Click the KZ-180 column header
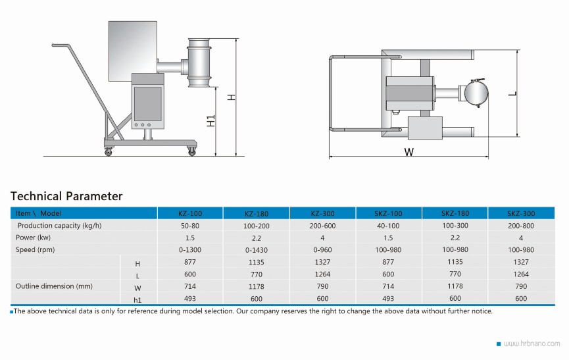click(256, 213)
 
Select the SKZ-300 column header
click(521, 213)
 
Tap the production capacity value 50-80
click(190, 226)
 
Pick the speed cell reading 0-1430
click(256, 250)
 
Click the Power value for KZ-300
click(322, 238)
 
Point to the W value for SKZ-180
click(455, 286)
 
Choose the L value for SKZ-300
click(521, 274)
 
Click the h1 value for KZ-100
click(190, 298)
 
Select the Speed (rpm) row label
click(36, 249)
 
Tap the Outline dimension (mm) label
click(54, 286)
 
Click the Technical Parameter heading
click(66, 196)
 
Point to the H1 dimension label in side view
click(210, 121)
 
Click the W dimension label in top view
click(409, 151)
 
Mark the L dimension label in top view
click(512, 93)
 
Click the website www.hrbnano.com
click(532, 344)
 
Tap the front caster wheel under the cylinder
click(191, 151)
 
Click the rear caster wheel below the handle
click(108, 151)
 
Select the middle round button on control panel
click(143, 125)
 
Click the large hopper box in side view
click(133, 51)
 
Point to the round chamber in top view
click(476, 93)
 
